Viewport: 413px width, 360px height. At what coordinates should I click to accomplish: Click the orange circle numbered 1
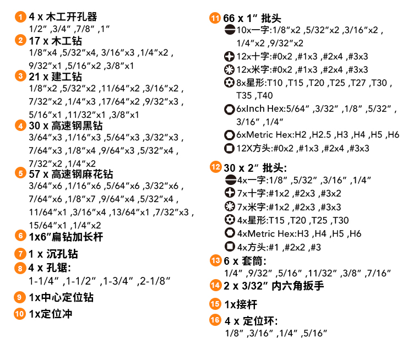(x=20, y=17)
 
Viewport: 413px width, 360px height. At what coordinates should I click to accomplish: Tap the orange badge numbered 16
(x=215, y=320)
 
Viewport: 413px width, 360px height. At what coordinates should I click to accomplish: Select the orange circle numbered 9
(x=19, y=297)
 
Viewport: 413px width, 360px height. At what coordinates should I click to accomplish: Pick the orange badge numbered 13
(x=216, y=260)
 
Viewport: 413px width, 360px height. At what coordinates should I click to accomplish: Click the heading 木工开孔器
(x=72, y=17)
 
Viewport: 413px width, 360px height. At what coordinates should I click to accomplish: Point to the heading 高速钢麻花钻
(x=82, y=174)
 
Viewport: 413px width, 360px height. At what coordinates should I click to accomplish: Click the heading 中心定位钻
(x=67, y=297)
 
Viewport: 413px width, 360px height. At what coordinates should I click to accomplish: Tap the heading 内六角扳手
(x=297, y=286)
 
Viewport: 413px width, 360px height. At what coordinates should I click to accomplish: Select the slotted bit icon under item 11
(x=230, y=30)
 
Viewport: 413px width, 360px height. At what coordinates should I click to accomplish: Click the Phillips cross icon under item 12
(x=230, y=193)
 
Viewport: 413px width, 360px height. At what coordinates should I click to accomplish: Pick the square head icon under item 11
(x=229, y=148)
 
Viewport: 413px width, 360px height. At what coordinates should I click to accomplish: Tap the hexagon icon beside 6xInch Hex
(x=229, y=110)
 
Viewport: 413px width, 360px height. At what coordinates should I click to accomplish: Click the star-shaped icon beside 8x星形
(x=229, y=83)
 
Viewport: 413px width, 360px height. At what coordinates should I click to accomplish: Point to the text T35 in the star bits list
(x=244, y=96)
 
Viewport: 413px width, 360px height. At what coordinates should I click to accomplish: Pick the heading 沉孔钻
(x=62, y=254)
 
